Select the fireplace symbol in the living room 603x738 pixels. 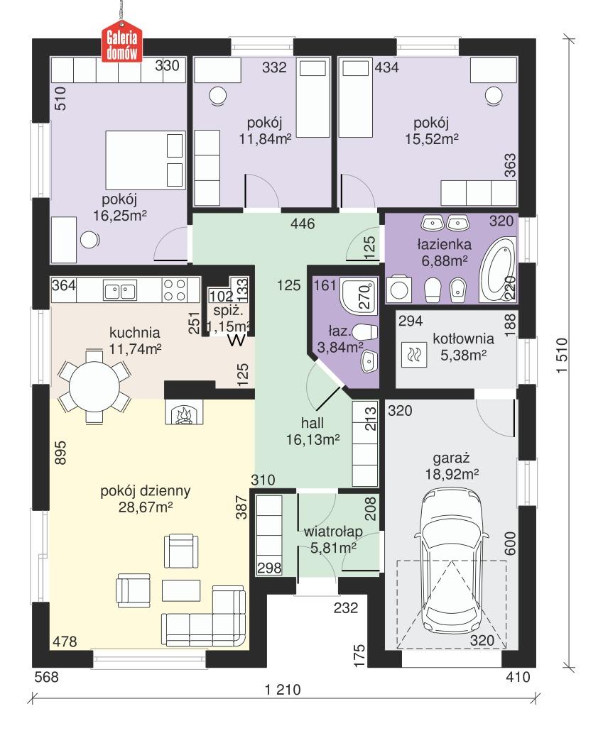click(183, 412)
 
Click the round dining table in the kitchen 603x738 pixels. click(94, 386)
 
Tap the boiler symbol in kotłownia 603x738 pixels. click(413, 354)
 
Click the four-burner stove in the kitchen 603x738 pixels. click(175, 290)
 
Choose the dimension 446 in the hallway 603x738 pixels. click(303, 225)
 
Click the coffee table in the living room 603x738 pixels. click(181, 590)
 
